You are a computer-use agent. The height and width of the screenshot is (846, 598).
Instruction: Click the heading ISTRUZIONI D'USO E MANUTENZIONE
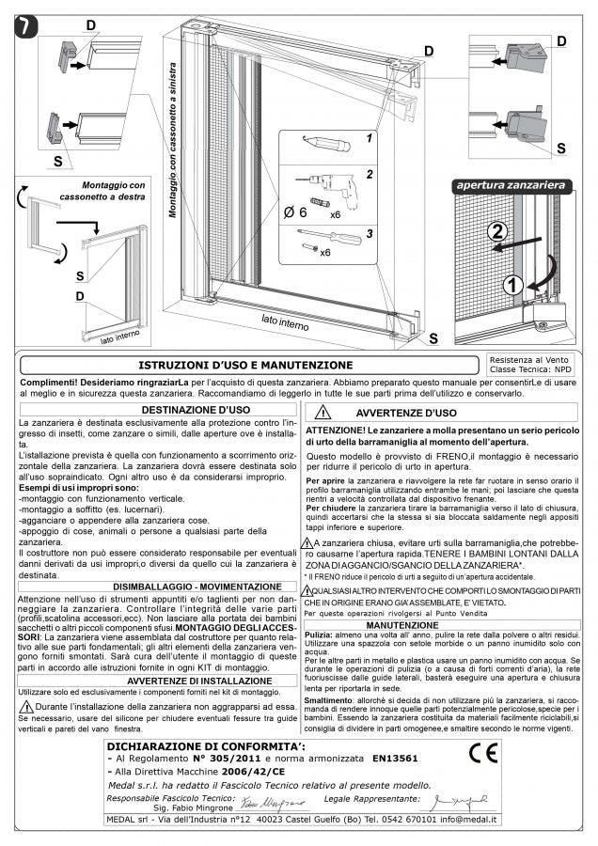tap(245, 365)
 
